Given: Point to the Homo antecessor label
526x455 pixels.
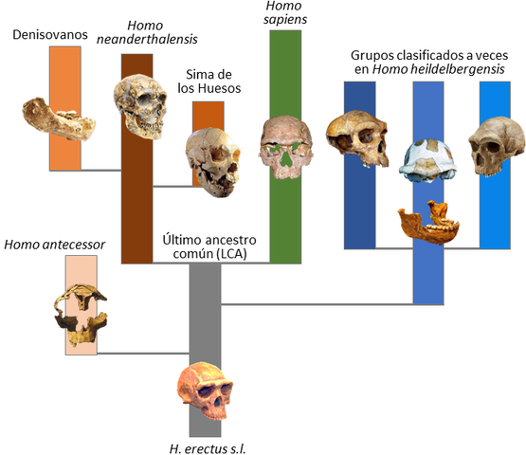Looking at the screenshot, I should click(x=54, y=245).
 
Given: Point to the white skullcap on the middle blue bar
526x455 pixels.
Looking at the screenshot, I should click(x=428, y=160).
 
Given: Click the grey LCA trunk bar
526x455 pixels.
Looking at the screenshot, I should click(x=204, y=313).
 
